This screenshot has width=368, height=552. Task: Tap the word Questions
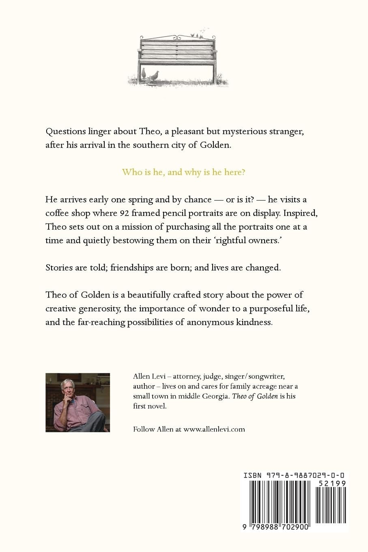point(65,132)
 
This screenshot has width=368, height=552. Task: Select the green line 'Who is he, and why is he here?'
point(184,172)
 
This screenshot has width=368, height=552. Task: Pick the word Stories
point(59,267)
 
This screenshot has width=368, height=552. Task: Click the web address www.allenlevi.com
point(214,429)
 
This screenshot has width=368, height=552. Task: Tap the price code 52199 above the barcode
point(332,483)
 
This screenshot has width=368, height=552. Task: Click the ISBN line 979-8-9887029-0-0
point(295,475)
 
